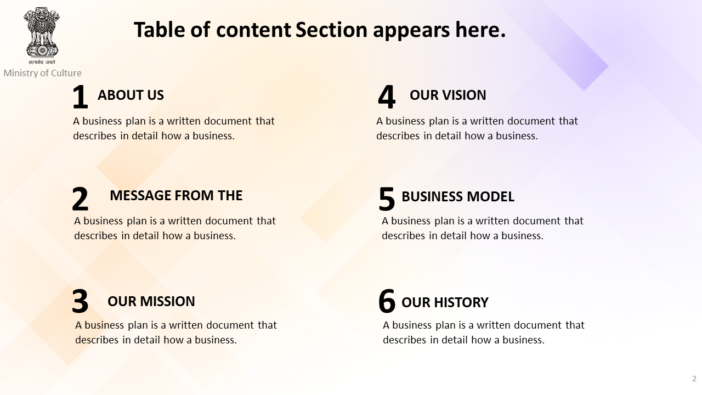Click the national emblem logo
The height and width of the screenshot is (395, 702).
tap(42, 35)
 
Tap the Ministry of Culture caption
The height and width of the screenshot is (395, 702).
tap(42, 73)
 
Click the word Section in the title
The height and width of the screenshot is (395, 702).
tap(331, 30)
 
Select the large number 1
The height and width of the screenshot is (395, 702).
tap(80, 97)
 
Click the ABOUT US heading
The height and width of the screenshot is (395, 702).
tap(131, 95)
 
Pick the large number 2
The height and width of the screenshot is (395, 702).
tap(80, 199)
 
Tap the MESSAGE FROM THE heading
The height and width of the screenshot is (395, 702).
tap(176, 195)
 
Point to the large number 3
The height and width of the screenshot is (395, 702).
tap(80, 301)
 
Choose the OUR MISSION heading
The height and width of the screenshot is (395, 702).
tap(151, 301)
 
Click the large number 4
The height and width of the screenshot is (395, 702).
tap(387, 97)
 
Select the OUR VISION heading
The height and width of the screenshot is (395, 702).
tap(448, 95)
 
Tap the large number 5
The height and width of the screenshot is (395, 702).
tap(387, 199)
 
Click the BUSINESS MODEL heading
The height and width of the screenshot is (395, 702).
tap(458, 196)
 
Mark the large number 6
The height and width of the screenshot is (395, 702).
tap(387, 301)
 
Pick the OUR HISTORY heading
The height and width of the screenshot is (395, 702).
tap(445, 302)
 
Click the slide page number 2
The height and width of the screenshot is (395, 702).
tap(694, 379)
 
